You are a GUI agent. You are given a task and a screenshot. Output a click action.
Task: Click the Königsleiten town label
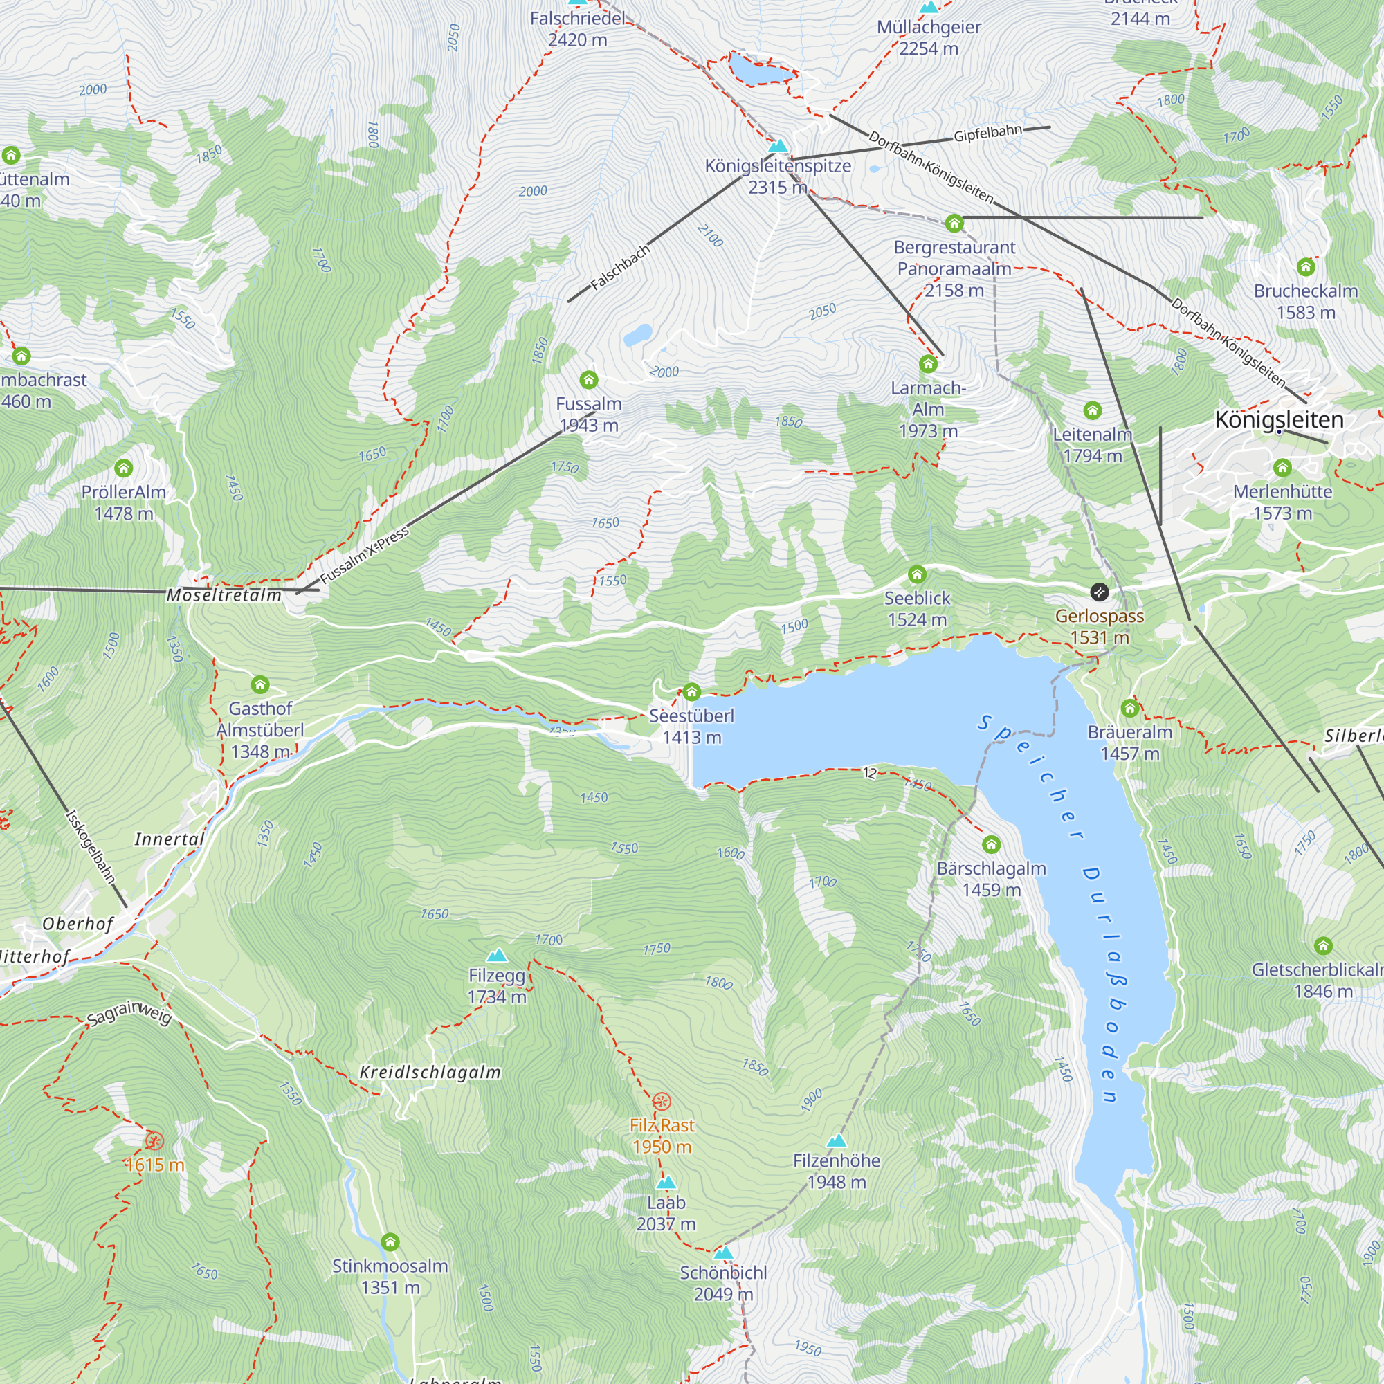1280,419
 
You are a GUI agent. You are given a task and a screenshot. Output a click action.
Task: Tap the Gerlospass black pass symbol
1099,592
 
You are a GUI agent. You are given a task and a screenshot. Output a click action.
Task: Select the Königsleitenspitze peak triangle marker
778,146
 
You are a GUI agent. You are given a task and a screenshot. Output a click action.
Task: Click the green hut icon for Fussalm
588,380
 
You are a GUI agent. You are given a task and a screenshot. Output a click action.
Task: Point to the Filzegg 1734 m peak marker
496,956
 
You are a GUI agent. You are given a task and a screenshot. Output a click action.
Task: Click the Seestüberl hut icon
691,692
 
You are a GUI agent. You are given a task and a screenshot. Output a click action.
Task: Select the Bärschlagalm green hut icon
991,844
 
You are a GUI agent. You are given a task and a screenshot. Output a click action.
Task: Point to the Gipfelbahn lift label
988,133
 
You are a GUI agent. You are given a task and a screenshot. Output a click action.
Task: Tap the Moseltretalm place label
224,595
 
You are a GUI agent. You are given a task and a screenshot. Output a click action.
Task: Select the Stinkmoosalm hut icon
390,1241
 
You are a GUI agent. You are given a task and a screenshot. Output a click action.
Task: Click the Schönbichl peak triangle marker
724,1253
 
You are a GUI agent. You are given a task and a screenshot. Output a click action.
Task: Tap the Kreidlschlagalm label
430,1073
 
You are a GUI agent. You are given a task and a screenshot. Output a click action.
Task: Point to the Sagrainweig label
129,1014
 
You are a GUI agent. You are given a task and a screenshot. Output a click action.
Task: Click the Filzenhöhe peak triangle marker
836,1141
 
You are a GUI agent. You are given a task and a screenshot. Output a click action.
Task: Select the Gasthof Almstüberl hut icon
260,685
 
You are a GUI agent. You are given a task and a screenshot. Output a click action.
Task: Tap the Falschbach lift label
619,267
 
